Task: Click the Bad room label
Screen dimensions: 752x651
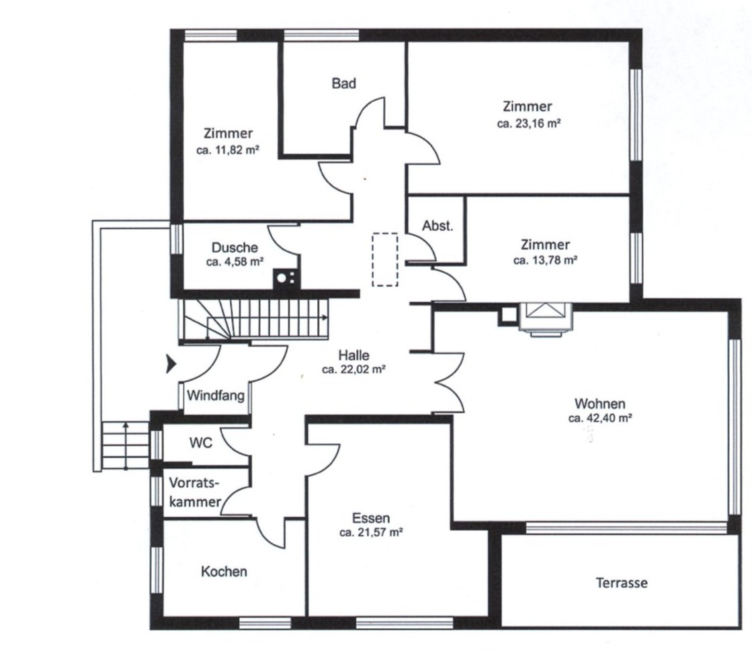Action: [344, 83]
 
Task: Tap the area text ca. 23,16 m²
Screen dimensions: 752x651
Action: [529, 123]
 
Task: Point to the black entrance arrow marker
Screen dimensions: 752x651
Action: [171, 364]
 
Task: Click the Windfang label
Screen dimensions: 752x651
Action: [215, 396]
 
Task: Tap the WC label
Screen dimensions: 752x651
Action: [201, 443]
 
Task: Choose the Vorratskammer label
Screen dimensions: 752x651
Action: [195, 492]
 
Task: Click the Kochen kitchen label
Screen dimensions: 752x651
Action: [224, 572]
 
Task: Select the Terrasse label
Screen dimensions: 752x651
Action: [622, 583]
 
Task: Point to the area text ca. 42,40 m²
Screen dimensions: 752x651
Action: [600, 418]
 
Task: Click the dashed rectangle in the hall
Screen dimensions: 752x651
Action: [385, 259]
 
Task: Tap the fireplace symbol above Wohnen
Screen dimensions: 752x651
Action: [546, 318]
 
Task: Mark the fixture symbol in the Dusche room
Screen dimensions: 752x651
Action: [286, 279]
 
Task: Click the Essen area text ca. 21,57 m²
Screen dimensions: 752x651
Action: [371, 532]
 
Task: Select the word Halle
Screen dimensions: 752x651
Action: [354, 355]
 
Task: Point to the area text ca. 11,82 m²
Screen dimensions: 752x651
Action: [228, 150]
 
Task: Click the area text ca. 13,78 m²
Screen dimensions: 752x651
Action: [545, 260]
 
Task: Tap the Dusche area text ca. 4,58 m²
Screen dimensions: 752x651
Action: [235, 262]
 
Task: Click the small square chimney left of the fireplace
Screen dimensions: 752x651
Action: [507, 315]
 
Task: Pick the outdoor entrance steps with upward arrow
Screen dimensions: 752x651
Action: [126, 445]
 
